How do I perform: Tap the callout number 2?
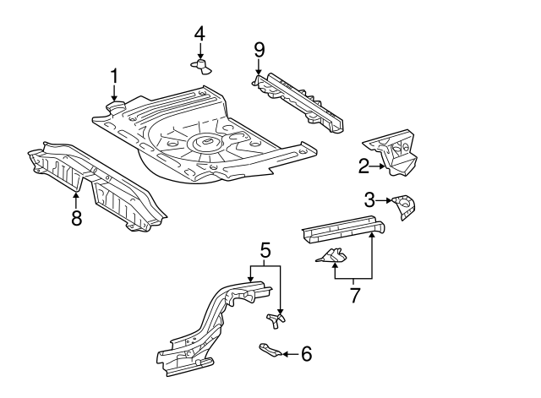pos(363,166)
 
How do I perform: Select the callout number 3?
pos(369,200)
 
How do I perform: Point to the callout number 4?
pos(199,34)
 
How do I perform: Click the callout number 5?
pos(265,250)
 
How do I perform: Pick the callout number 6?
pos(306,354)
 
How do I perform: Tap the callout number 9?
pos(259,50)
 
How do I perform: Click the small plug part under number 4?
pos(200,65)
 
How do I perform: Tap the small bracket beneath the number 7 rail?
pos(331,257)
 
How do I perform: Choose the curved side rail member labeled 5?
pos(211,325)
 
